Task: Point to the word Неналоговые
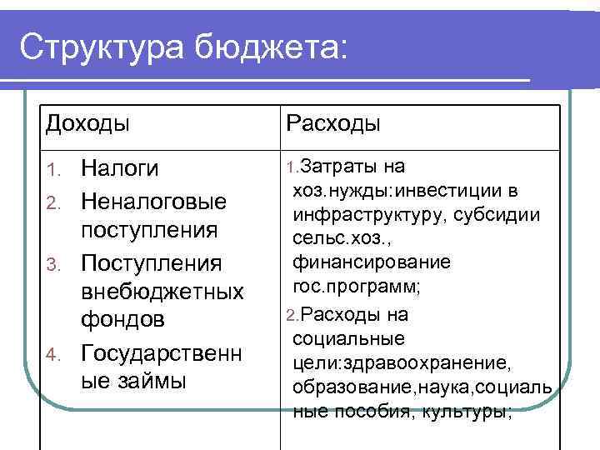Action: (x=153, y=202)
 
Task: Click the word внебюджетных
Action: (x=162, y=292)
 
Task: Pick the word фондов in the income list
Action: (x=123, y=320)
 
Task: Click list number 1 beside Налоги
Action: (x=52, y=171)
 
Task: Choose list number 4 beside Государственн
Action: (x=52, y=355)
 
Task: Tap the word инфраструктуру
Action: (x=362, y=215)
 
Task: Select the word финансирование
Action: (x=372, y=262)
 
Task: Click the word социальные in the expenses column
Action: (x=349, y=339)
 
